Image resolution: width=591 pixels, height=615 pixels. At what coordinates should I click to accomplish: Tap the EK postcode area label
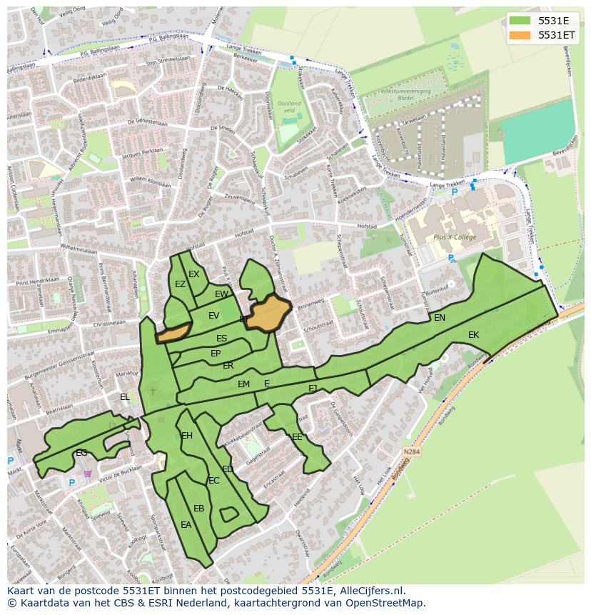[x=474, y=334]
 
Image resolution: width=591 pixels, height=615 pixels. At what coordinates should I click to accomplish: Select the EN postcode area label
[x=440, y=318]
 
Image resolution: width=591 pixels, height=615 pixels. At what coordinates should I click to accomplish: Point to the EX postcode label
[x=194, y=274]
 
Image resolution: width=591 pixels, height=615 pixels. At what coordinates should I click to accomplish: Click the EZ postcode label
[x=180, y=284]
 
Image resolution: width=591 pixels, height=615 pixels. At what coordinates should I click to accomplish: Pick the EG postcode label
[x=81, y=453]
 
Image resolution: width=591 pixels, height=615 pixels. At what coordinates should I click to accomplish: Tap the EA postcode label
[x=186, y=525]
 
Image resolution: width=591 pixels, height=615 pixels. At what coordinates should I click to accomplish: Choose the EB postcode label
[x=199, y=509]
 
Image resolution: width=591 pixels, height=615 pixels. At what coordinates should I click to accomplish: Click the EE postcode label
[x=297, y=437]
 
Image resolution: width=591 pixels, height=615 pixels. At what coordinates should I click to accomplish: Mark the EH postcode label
[x=187, y=436]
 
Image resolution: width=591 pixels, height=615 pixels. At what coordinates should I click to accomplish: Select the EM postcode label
[x=244, y=384]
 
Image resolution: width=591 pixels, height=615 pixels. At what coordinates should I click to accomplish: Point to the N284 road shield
[x=411, y=452]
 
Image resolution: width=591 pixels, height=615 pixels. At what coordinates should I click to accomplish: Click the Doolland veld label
[x=290, y=107]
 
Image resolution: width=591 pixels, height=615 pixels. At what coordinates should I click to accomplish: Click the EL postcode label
[x=125, y=397]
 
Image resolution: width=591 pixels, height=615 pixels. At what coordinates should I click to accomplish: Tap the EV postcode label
[x=214, y=316]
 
